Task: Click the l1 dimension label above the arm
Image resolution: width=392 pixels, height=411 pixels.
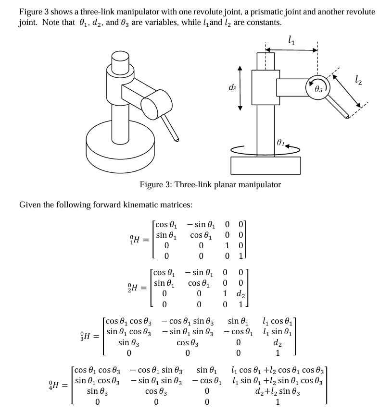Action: [x=290, y=40]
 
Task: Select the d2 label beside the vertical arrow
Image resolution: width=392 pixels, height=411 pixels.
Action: [x=232, y=87]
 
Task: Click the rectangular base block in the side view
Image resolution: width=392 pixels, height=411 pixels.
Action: [x=265, y=165]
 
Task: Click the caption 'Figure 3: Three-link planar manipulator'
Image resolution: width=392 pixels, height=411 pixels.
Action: [x=210, y=185]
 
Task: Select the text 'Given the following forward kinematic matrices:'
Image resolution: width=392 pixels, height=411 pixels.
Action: [x=106, y=205]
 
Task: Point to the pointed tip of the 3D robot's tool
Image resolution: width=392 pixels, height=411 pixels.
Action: [x=177, y=140]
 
